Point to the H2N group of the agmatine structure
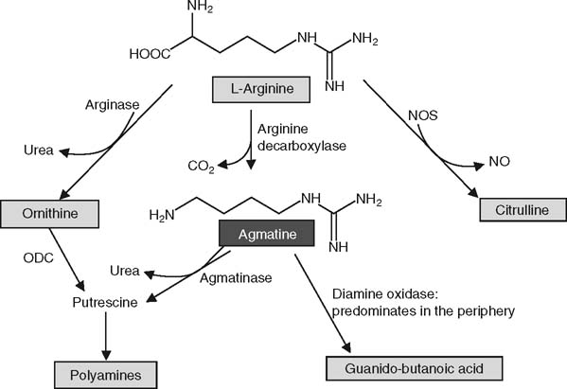(x=163, y=215)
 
